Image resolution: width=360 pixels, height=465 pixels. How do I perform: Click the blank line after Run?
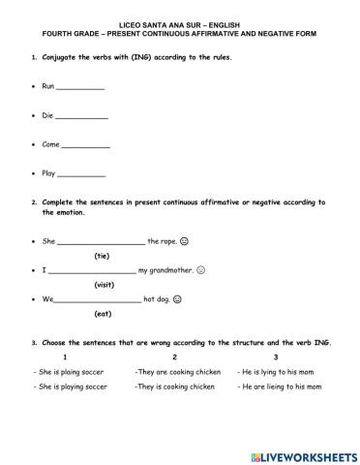tap(80, 88)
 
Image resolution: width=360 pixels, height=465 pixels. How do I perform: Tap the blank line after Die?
tap(82, 117)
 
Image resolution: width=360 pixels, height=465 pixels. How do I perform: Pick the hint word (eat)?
tap(103, 314)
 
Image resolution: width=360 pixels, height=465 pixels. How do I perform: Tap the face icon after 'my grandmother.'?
tap(201, 269)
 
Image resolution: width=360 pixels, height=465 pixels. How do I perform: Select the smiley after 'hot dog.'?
tap(179, 298)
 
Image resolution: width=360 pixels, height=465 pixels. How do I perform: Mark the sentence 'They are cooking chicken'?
tap(175, 371)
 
